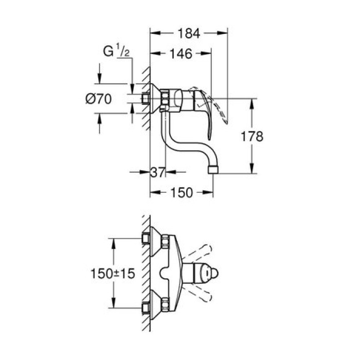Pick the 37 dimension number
coord(156,173)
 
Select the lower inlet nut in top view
coord(166,304)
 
